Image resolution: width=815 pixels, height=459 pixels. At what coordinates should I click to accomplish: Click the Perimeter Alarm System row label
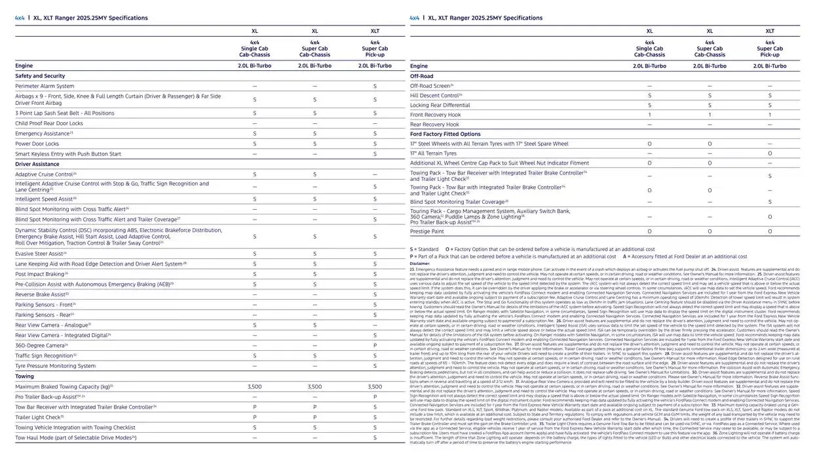coord(45,86)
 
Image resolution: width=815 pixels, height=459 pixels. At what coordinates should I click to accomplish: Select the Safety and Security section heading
coord(40,76)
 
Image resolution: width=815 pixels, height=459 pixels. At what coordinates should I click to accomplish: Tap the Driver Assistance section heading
coord(37,164)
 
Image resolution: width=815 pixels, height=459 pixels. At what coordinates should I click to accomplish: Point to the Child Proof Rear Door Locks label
coord(49,123)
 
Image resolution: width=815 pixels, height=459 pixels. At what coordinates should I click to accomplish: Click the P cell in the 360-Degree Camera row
coord(375,345)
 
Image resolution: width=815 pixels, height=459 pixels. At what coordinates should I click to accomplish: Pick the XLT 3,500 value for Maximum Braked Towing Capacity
coord(375,387)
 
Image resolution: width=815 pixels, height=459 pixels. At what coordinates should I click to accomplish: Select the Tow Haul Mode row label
coord(75,437)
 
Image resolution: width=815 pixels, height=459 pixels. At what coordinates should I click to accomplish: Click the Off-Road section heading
coord(421,76)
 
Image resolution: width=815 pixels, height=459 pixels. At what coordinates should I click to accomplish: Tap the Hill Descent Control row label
coord(436,95)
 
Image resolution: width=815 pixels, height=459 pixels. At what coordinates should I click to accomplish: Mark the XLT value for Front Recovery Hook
coord(770,115)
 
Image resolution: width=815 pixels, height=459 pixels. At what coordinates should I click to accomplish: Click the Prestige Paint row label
coord(426,231)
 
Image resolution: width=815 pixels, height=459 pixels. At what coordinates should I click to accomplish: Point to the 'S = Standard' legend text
coord(425,249)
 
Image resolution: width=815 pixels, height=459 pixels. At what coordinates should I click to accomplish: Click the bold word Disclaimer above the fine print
coord(420,264)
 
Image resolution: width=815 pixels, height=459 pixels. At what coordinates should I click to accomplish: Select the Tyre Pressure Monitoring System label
coord(55,366)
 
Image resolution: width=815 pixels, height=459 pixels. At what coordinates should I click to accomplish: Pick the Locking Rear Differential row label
coord(440,105)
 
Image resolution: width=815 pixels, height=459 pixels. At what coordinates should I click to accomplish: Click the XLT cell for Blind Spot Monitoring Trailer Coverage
coord(770,202)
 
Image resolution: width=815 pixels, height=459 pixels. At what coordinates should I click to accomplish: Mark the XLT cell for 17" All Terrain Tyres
coord(770,153)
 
